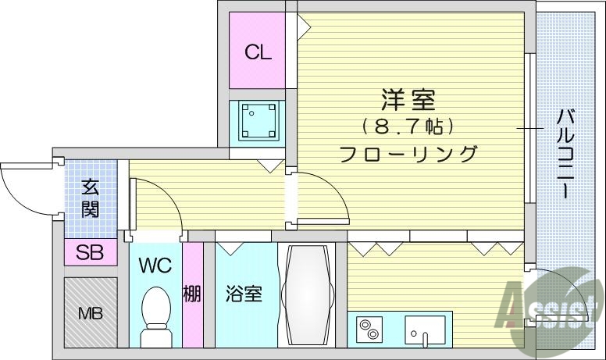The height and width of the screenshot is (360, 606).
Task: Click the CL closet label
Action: [x=257, y=53]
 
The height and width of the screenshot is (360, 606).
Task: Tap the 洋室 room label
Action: [x=408, y=101]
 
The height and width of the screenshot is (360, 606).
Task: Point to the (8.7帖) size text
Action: [x=408, y=126]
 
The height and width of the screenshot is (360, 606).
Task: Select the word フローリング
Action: [x=408, y=154]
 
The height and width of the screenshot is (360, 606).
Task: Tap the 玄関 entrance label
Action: [x=90, y=198]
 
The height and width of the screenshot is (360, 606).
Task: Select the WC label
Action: [x=155, y=265]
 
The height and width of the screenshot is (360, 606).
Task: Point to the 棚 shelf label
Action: [x=192, y=294]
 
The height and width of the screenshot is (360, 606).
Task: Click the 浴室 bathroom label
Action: [x=244, y=294]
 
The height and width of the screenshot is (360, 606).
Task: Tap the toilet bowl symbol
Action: [x=156, y=316]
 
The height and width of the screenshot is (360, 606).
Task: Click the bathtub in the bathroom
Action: [x=307, y=294]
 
